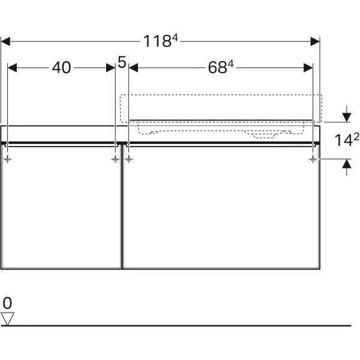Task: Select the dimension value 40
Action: pos(61,68)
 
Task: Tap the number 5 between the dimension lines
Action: pos(122,62)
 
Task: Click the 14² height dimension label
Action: pos(347,140)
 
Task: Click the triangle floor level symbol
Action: pos(7,318)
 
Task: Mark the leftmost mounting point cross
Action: pos(7,159)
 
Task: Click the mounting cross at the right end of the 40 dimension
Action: pos(115,159)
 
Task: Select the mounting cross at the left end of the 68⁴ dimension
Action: pos(129,159)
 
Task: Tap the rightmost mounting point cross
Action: pos(313,159)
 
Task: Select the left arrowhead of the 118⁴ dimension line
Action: pos(6,41)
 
